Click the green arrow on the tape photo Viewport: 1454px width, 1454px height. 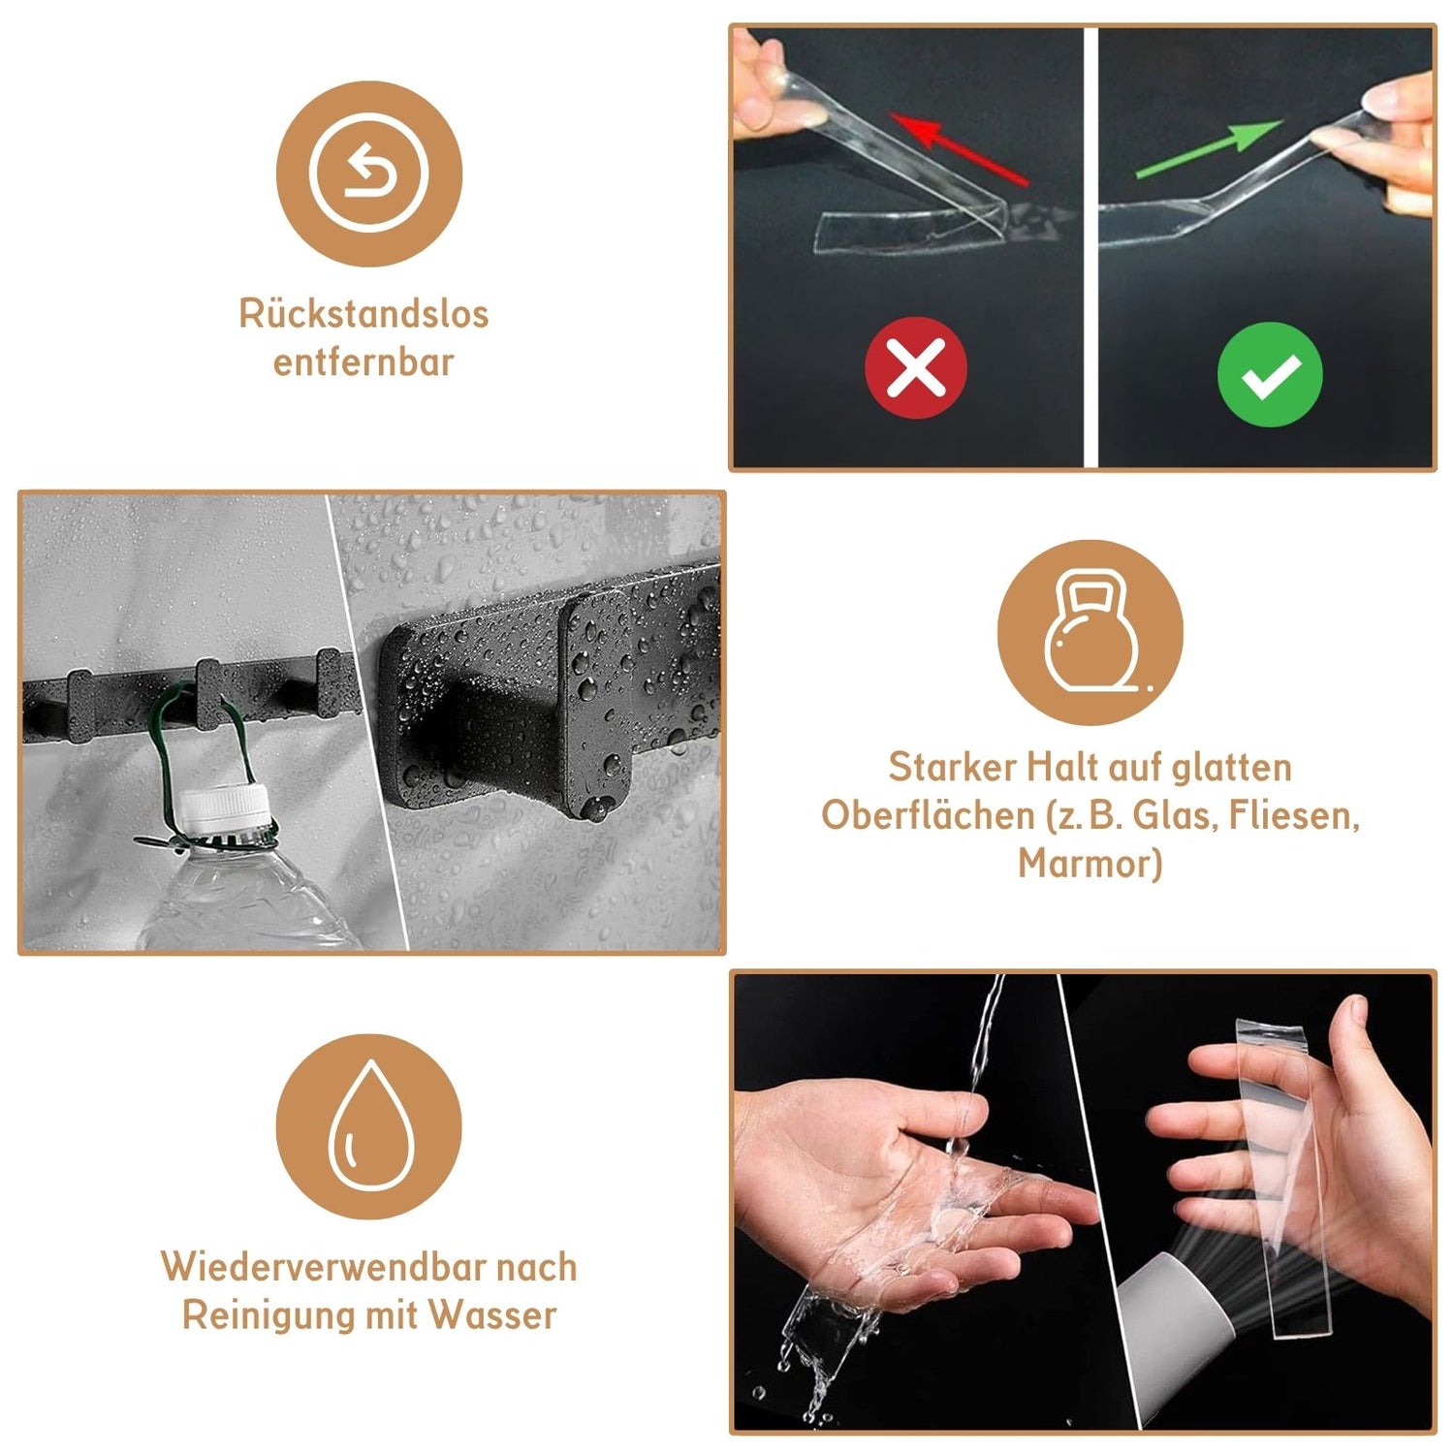click(x=1209, y=149)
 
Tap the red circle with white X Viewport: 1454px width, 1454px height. click(x=916, y=367)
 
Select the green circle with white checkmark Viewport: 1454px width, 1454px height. click(x=1270, y=374)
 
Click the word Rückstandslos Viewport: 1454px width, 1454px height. click(x=363, y=313)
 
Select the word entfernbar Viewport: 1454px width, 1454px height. click(x=363, y=362)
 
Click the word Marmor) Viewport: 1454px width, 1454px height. click(x=1090, y=863)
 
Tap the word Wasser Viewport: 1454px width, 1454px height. click(x=493, y=1314)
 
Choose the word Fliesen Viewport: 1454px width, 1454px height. click(x=1293, y=815)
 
